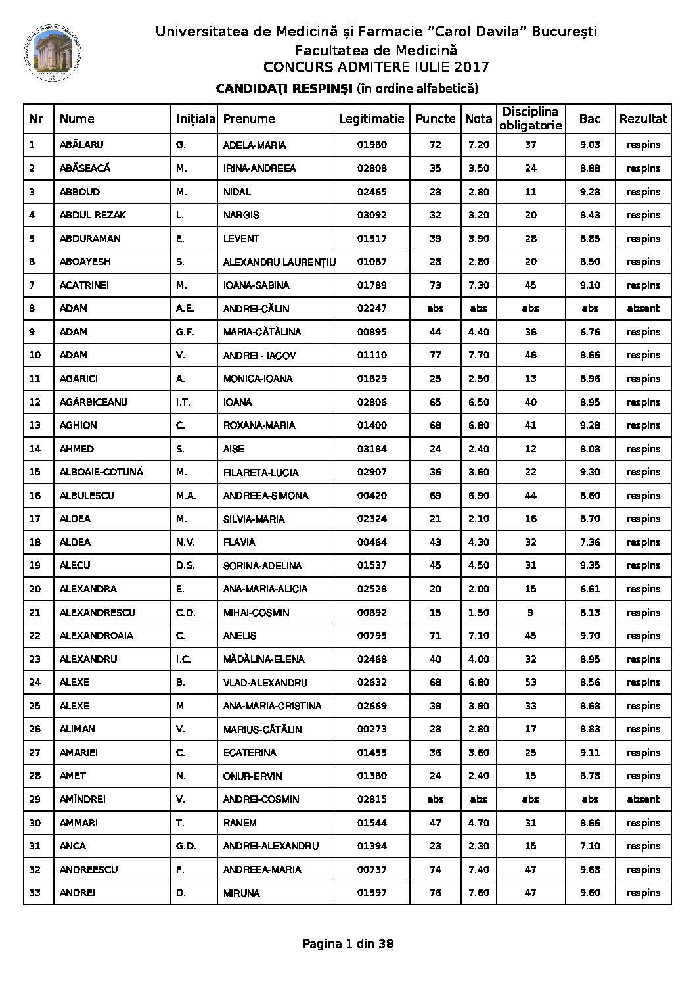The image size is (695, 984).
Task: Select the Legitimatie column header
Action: (x=371, y=119)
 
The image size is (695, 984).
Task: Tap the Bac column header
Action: (x=590, y=119)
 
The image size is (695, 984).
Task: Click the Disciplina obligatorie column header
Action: (x=530, y=119)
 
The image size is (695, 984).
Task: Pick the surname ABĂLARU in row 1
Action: (x=81, y=145)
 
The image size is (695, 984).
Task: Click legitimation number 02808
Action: (x=372, y=168)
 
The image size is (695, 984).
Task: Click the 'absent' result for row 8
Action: (x=643, y=308)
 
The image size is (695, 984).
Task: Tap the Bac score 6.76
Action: (x=590, y=332)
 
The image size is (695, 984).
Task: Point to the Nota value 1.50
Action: (x=478, y=613)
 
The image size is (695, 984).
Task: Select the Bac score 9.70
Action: (x=590, y=636)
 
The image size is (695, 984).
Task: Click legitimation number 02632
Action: (x=372, y=682)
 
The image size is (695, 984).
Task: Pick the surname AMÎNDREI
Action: (x=83, y=799)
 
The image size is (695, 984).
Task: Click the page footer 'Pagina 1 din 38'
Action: (x=348, y=944)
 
